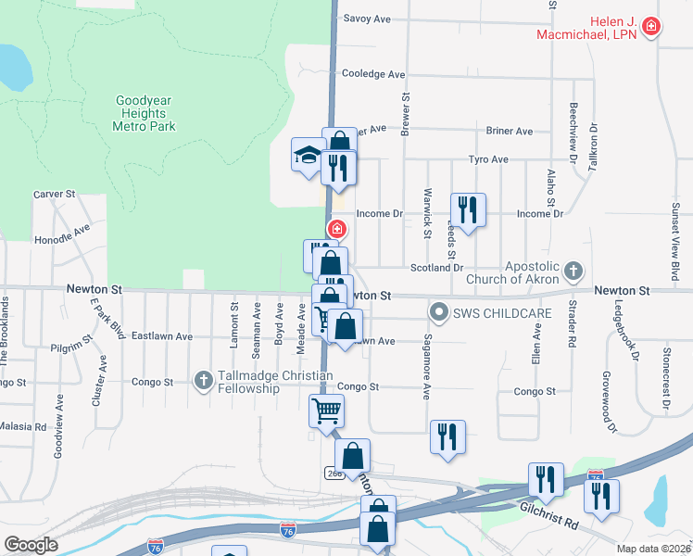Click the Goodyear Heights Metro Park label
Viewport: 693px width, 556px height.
pos(145,113)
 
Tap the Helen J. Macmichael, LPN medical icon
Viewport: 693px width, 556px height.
pos(651,26)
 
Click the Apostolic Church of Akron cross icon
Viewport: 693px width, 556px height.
pos(574,271)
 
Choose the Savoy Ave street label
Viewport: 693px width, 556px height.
pos(367,19)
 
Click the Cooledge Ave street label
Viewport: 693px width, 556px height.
pos(373,74)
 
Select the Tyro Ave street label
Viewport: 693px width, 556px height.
pos(488,159)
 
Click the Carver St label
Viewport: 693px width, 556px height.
pos(54,195)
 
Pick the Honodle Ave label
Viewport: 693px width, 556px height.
pos(62,233)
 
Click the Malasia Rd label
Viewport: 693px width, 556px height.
pos(22,427)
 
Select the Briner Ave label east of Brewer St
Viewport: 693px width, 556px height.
pos(510,132)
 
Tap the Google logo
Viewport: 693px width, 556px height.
pos(31,545)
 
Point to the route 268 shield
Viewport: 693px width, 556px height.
pos(334,474)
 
